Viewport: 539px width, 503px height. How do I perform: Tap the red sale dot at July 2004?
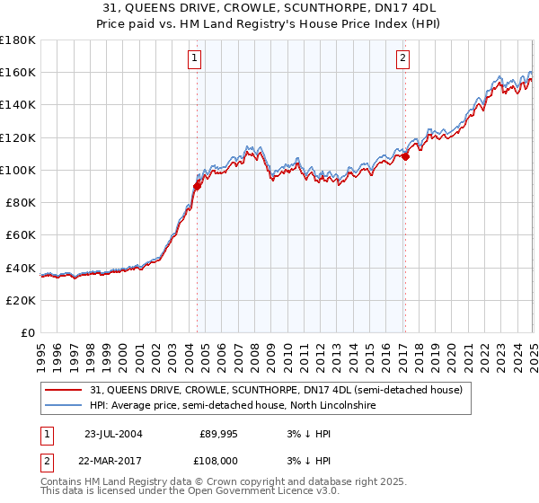click(x=197, y=186)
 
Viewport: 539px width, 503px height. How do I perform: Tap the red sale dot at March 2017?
click(x=405, y=156)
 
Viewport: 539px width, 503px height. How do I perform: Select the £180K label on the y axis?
click(x=18, y=40)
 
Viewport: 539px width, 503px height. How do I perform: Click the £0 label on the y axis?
click(x=27, y=332)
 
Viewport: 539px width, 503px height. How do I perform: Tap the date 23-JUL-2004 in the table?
click(x=113, y=433)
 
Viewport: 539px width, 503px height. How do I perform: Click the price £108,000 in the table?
click(x=219, y=461)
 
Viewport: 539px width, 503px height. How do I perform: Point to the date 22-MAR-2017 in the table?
click(x=114, y=461)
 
